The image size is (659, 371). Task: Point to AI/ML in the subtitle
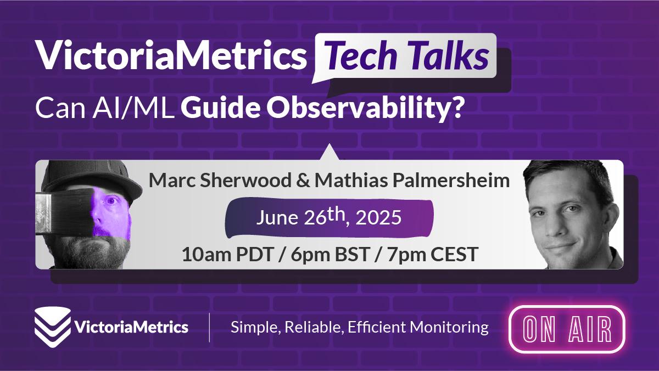pos(133,108)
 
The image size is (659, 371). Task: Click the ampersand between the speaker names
pos(303,181)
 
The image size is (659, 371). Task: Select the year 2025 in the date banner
pos(378,218)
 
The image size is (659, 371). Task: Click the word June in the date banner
pos(277,218)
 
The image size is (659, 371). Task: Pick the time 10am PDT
pos(228,255)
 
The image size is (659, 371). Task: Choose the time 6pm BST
pos(330,255)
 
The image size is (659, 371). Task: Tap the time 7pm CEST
pos(432,255)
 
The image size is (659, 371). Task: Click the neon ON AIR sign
pos(567,329)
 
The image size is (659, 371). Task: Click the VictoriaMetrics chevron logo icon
pos(53,327)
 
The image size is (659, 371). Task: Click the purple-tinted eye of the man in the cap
pos(111,201)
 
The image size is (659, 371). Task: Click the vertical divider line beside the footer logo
pos(209,328)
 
